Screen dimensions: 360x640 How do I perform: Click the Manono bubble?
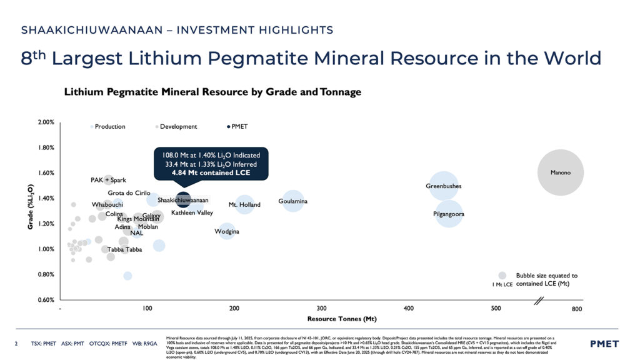point(561,172)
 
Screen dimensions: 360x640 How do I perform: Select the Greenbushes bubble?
point(444,186)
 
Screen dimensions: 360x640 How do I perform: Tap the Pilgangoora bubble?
point(449,214)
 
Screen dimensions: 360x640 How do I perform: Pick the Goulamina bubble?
point(292,201)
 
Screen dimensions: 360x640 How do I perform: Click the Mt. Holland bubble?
point(244,204)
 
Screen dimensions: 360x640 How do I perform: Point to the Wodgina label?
point(227,232)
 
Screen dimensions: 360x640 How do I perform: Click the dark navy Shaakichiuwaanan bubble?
point(183,200)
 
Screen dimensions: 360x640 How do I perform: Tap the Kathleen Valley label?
point(192,213)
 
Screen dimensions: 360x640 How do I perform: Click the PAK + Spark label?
point(108,181)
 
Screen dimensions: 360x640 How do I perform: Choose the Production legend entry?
point(109,127)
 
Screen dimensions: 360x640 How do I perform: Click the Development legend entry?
point(178,127)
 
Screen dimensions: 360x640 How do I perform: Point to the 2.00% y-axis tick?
point(45,122)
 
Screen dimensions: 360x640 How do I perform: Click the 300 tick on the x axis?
point(321,309)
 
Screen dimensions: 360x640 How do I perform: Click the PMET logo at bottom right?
point(604,344)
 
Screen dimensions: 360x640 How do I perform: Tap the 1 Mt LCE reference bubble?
point(502,276)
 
